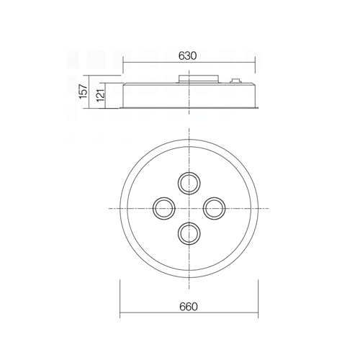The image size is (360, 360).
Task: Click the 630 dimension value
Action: point(188,55)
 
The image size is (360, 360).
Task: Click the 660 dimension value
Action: point(189,307)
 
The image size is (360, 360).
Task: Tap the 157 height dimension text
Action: point(84,91)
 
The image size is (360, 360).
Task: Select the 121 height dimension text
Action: point(101,95)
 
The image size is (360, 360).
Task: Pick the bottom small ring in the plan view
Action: point(189,244)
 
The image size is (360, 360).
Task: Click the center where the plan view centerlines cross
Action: point(189,208)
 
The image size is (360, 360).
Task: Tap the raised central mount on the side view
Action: point(199,79)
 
